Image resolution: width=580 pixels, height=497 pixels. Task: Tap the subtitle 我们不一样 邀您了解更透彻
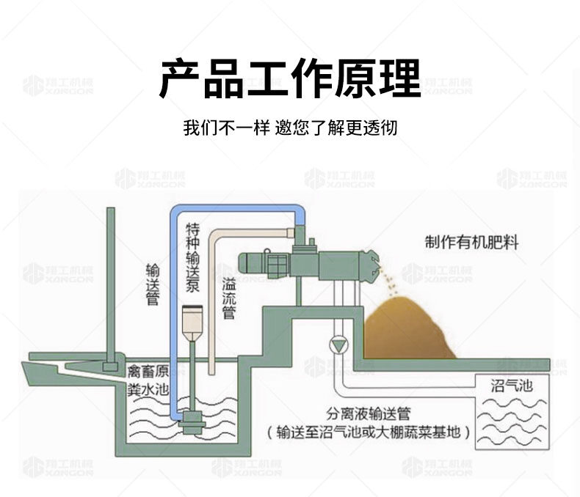coord(289,128)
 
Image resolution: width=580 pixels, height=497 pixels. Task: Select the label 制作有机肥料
coord(471,242)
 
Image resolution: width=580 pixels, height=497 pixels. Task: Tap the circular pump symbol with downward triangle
coord(339,345)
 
